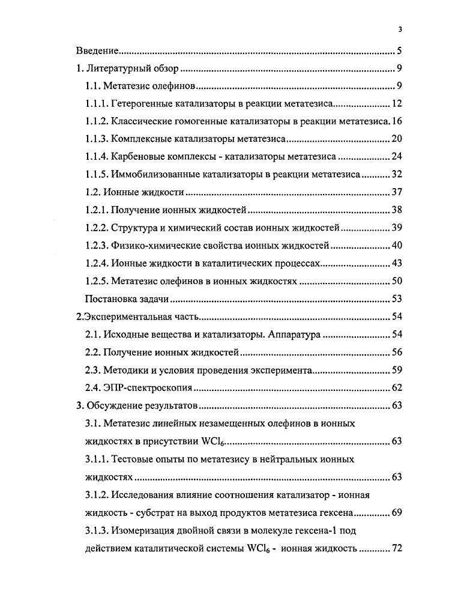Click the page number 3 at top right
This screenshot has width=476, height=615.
click(x=400, y=29)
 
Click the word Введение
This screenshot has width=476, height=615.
click(x=97, y=51)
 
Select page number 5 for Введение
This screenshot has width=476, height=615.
click(x=399, y=51)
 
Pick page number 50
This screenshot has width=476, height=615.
click(x=396, y=280)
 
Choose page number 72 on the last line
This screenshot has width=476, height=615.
click(x=396, y=548)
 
